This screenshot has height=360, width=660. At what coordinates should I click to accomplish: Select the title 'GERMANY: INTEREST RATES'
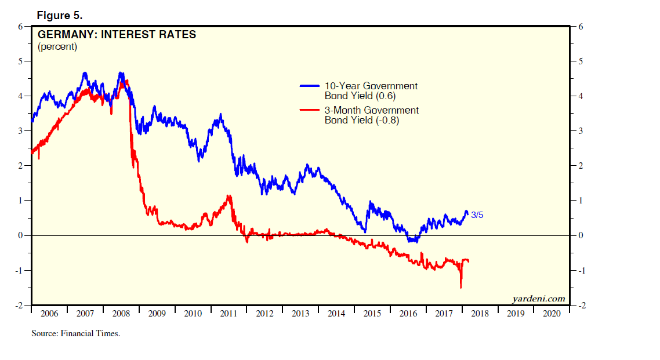pos(117,34)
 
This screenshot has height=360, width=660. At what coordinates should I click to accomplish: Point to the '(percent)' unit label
pos(57,46)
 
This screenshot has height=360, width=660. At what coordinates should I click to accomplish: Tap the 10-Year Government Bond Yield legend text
pos(371,90)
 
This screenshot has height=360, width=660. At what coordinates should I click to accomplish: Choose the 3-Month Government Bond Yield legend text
pos(371,115)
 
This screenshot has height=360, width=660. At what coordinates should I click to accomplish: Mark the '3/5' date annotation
pos(477,215)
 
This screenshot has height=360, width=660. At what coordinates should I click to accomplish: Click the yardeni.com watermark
pos(539,299)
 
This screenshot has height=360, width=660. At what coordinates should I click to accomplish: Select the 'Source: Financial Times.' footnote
pos(75,333)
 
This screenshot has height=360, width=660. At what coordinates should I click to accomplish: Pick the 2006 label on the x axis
pos(49,314)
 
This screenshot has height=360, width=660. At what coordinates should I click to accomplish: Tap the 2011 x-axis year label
pos(229,314)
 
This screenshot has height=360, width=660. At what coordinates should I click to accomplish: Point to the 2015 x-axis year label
pos(372,314)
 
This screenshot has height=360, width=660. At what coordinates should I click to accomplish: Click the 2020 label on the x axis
pos(551,314)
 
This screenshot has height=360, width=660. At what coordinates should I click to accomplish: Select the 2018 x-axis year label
pos(480,314)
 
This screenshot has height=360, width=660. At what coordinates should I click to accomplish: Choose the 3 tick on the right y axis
pos(581,131)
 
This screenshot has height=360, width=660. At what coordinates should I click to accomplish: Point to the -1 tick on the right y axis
pos(583,271)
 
